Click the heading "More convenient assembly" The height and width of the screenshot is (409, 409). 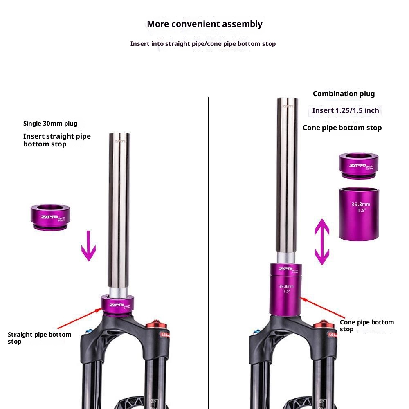tap(204, 24)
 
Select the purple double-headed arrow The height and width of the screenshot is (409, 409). tap(321, 242)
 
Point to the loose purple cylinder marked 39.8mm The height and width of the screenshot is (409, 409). tap(359, 213)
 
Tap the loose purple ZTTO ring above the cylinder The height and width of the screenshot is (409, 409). tap(359, 165)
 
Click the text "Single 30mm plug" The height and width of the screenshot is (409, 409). tap(50, 124)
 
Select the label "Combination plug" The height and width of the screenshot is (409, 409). tap(344, 94)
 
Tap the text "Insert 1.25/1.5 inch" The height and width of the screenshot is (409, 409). tap(346, 110)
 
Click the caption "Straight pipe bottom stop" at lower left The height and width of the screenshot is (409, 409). tap(39, 338)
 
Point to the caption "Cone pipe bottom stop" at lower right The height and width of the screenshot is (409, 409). tap(366, 326)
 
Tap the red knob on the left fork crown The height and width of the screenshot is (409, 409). tap(157, 325)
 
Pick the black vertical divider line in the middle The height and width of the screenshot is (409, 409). tap(209, 245)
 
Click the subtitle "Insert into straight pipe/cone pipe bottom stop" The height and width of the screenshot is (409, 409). tap(203, 44)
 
